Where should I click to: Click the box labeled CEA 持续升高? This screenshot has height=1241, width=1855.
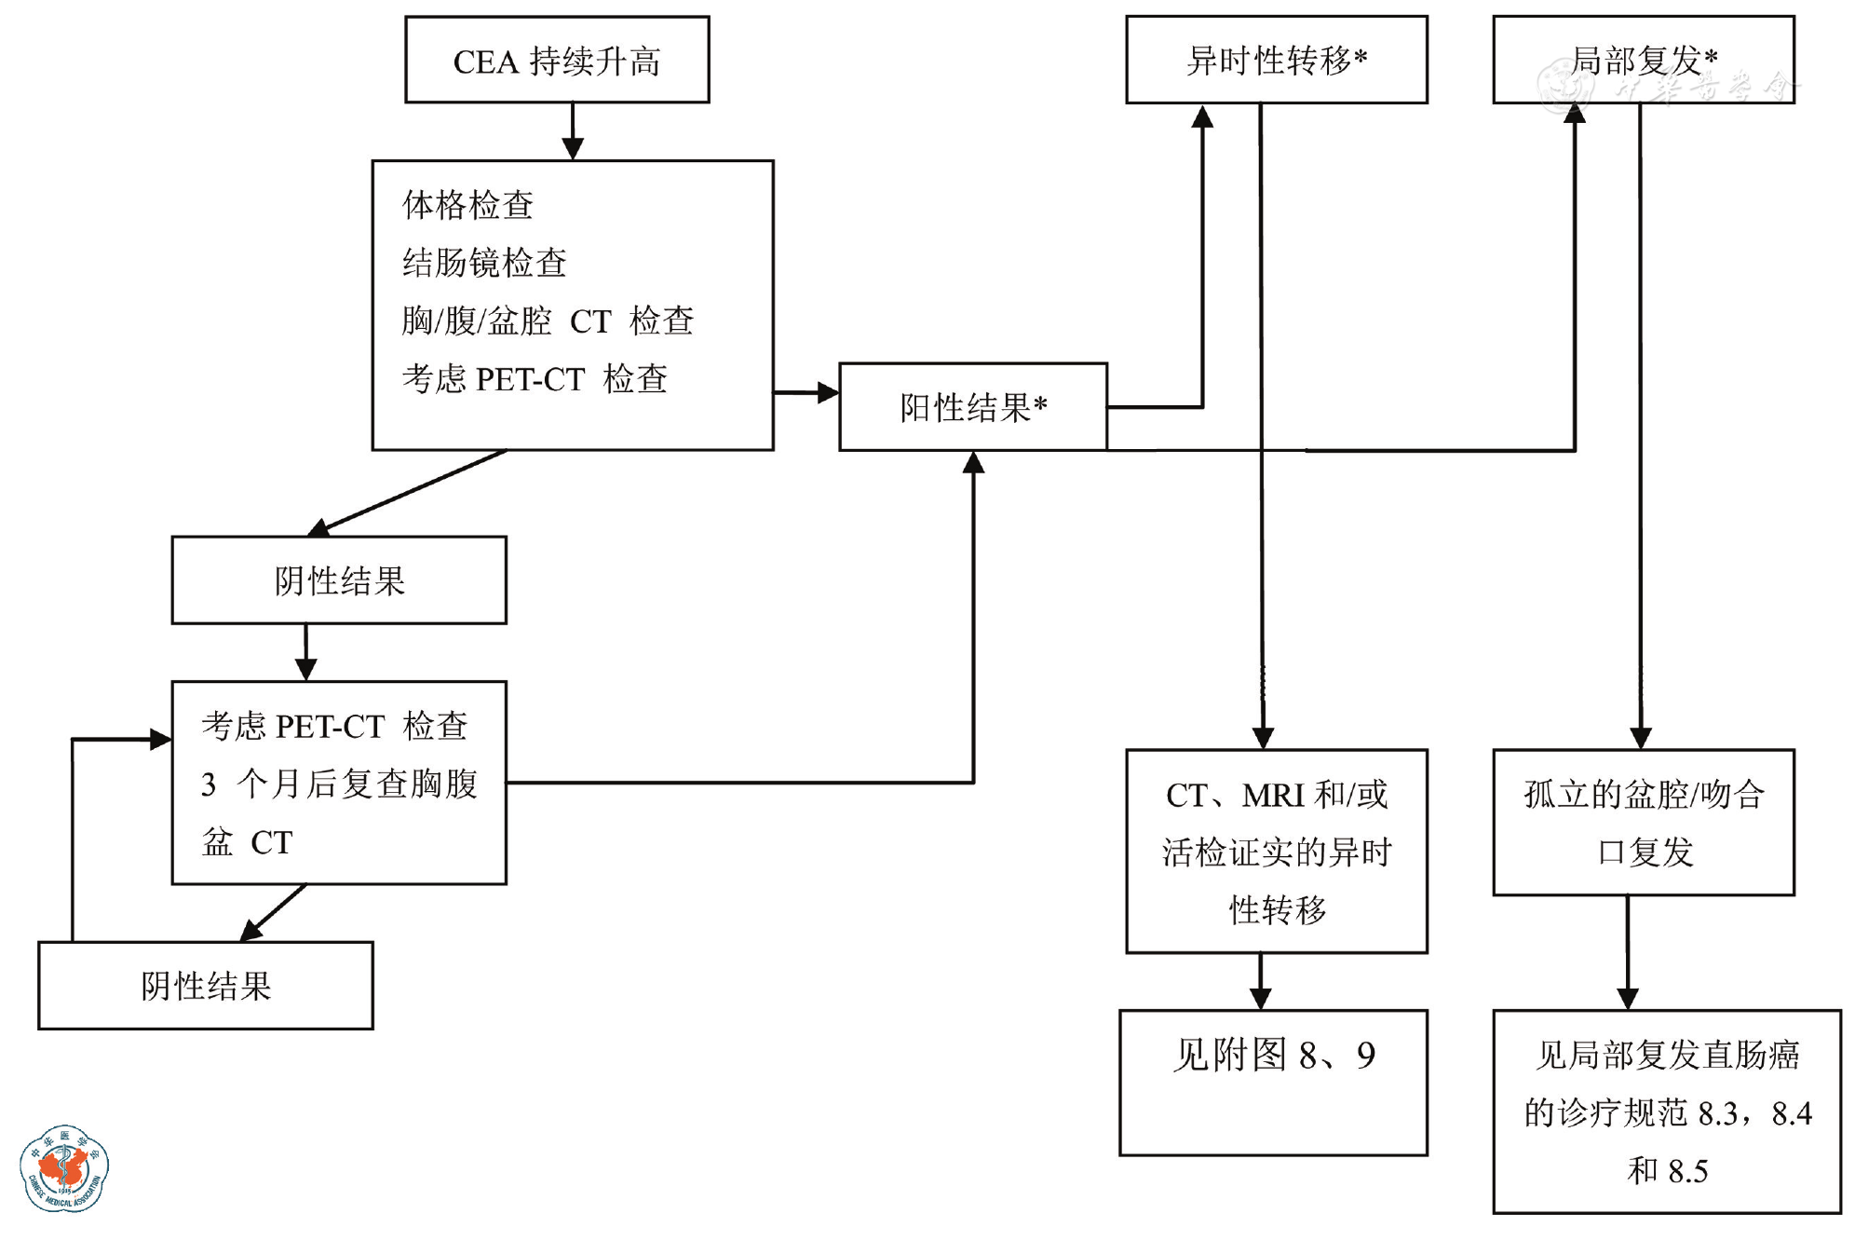(x=557, y=60)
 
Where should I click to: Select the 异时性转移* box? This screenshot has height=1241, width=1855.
(x=1276, y=60)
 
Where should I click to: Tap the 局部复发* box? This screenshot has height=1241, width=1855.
(x=1643, y=60)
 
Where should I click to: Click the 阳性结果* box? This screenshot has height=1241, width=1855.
(x=973, y=407)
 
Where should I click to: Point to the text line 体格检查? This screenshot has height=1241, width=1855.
(x=467, y=205)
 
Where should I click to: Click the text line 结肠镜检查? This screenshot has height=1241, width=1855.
(x=484, y=263)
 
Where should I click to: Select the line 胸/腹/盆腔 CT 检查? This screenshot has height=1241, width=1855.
(x=548, y=320)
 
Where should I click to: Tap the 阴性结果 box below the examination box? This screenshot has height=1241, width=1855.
(x=339, y=580)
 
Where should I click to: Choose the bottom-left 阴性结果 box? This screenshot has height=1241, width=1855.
(x=206, y=986)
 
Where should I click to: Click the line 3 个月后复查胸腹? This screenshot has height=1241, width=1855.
(x=339, y=784)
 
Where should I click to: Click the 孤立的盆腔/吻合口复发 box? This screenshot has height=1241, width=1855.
(x=1644, y=823)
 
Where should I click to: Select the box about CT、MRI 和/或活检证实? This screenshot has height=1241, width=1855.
(x=1276, y=852)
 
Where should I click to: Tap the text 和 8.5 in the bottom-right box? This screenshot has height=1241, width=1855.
(x=1667, y=1171)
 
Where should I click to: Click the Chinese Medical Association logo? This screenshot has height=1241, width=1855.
(x=64, y=1168)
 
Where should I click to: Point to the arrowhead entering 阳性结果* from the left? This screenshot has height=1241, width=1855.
(x=828, y=393)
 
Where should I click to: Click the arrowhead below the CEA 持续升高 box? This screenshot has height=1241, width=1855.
(x=573, y=148)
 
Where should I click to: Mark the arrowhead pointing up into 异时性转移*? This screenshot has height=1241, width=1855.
(x=1202, y=116)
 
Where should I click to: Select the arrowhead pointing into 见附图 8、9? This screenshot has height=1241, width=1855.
(x=1261, y=999)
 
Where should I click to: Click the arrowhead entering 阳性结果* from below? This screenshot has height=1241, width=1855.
(x=973, y=463)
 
